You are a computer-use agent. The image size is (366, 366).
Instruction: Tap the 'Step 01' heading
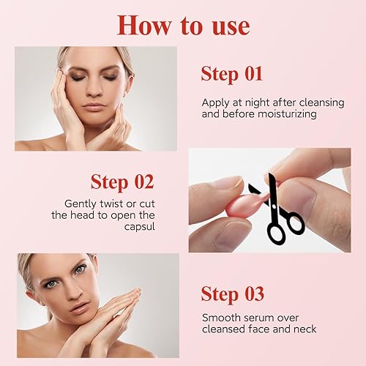point(232,73)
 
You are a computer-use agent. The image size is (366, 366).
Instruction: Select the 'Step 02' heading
point(122,181)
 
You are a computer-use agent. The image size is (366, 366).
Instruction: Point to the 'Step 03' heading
point(234,294)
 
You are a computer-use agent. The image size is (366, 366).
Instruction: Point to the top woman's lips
point(94,107)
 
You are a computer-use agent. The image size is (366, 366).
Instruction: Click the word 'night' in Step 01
point(258,102)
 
